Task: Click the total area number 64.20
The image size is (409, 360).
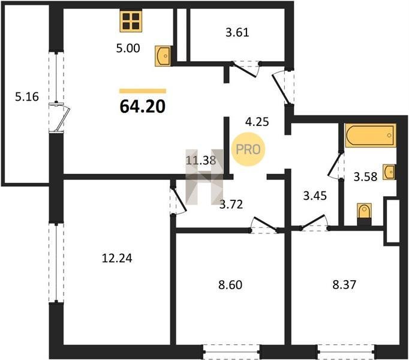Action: [x=143, y=107]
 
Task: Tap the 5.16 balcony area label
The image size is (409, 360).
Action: [x=27, y=97]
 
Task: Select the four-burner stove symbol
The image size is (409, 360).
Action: [x=131, y=21]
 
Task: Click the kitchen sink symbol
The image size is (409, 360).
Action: [x=163, y=56]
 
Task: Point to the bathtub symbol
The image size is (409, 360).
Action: [x=371, y=136]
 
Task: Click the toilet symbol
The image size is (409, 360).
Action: [x=364, y=214]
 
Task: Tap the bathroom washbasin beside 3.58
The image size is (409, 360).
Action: [x=389, y=172]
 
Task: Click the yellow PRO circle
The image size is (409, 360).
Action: [x=248, y=149]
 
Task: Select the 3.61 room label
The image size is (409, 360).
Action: [x=237, y=32]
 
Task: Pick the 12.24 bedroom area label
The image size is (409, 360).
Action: [x=117, y=258]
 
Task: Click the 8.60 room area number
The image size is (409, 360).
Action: [x=230, y=284]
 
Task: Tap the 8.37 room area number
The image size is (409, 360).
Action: [x=344, y=284]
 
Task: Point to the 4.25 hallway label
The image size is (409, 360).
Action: [x=257, y=122]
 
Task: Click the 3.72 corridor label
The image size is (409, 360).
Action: [x=231, y=204]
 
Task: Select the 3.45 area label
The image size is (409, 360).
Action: [x=315, y=196]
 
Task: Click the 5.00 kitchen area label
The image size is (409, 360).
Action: [x=128, y=48]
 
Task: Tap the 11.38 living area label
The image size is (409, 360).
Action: [x=201, y=160]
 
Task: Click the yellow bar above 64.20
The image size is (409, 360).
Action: [x=143, y=91]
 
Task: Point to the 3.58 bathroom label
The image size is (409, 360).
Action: [x=365, y=177]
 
